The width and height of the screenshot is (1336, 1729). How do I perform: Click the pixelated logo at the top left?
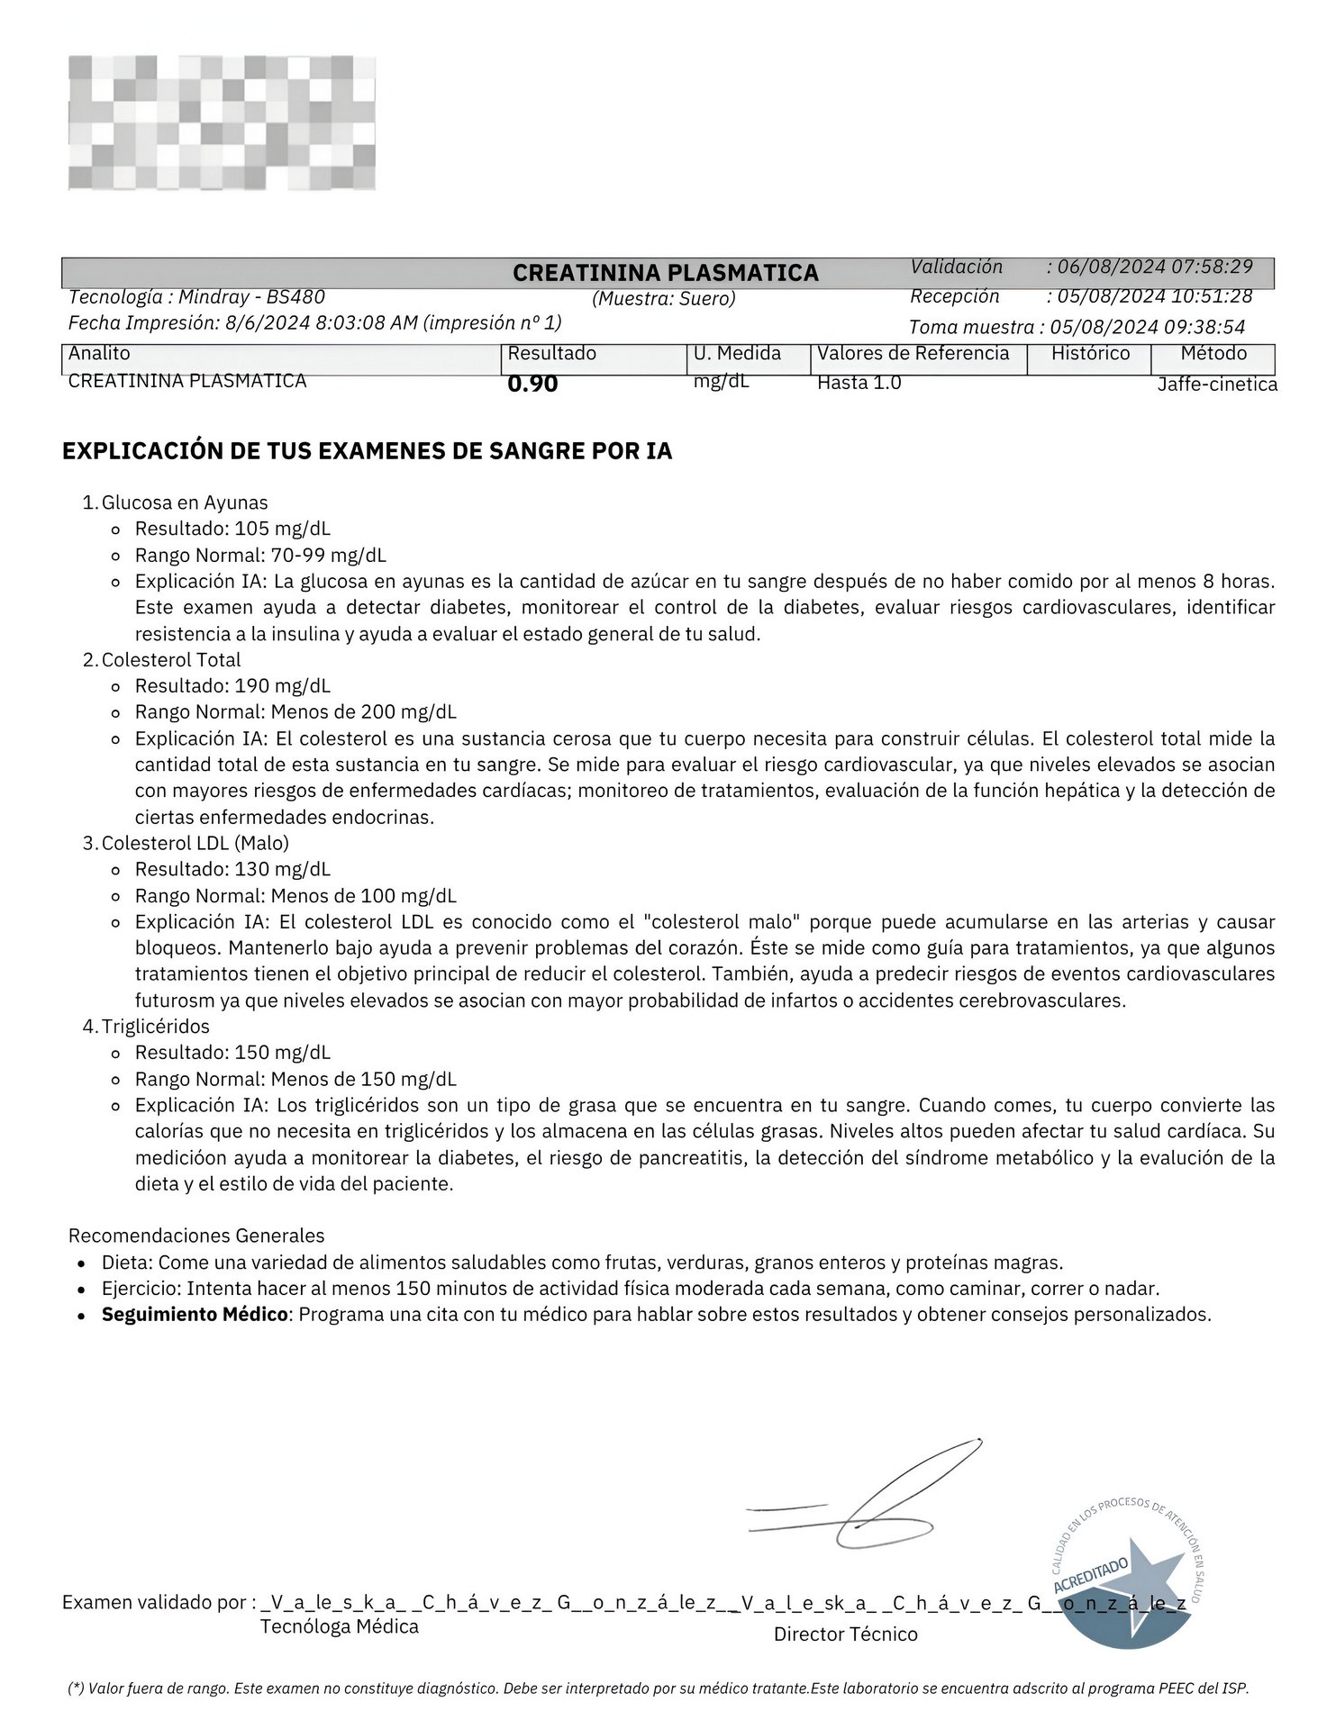(x=222, y=122)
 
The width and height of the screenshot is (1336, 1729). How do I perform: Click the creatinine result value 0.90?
(x=532, y=385)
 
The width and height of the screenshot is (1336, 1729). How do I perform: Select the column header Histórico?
(x=1090, y=354)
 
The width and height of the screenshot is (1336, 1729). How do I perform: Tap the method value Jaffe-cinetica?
(x=1216, y=385)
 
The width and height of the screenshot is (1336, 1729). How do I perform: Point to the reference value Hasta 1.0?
(x=859, y=383)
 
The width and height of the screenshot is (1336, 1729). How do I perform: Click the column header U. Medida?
(x=737, y=354)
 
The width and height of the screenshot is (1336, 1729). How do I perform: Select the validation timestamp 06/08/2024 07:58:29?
(x=1155, y=267)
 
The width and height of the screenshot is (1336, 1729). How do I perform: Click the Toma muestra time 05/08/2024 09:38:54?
(x=1147, y=327)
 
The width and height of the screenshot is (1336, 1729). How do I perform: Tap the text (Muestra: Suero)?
(x=664, y=299)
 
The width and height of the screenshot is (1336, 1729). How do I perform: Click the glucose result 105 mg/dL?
(x=282, y=529)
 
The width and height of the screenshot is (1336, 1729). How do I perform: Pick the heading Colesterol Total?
(x=171, y=660)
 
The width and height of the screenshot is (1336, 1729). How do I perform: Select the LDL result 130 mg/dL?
(x=282, y=870)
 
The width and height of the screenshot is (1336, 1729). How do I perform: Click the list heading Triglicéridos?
(x=156, y=1027)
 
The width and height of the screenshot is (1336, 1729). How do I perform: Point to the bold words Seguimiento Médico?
(x=195, y=1315)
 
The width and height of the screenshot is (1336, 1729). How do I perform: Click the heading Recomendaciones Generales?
(x=196, y=1236)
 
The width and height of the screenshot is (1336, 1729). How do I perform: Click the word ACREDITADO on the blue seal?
(x=1090, y=1575)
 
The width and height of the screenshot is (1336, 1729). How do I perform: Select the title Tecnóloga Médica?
(x=340, y=1627)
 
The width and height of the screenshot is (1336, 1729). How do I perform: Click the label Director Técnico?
(x=845, y=1634)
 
